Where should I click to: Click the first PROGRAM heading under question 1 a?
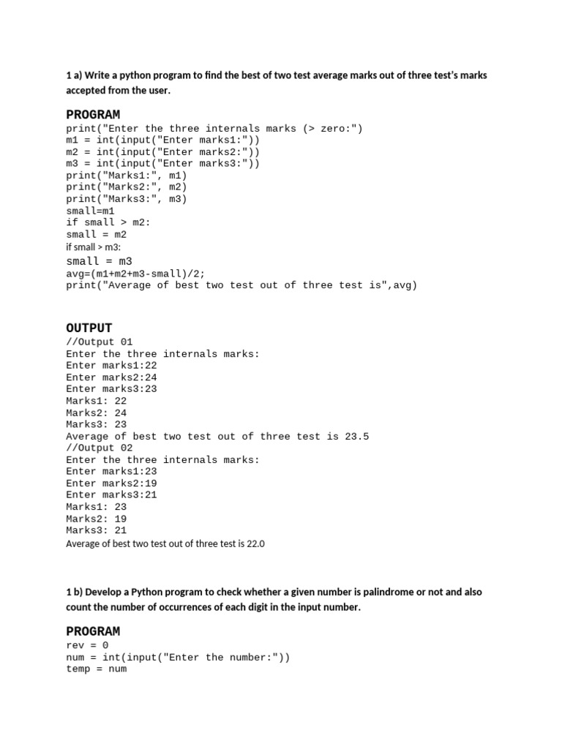click(93, 115)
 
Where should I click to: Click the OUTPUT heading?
click(89, 328)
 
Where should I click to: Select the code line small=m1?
click(91, 210)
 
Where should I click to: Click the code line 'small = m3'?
click(99, 261)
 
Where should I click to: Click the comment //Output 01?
click(100, 342)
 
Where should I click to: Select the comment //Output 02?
click(100, 448)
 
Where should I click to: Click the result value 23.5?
click(357, 436)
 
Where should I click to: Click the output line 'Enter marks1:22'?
click(111, 365)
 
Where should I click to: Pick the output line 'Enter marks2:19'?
click(111, 483)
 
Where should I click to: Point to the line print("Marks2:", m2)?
click(127, 187)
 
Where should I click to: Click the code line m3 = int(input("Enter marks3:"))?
click(162, 163)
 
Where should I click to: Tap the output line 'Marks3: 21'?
click(96, 530)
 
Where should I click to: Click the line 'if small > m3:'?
click(93, 247)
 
